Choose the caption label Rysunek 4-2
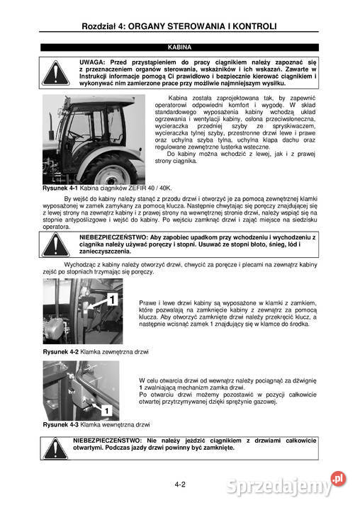point(59,352)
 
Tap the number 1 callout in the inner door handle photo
point(104,409)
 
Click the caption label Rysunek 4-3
point(59,424)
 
